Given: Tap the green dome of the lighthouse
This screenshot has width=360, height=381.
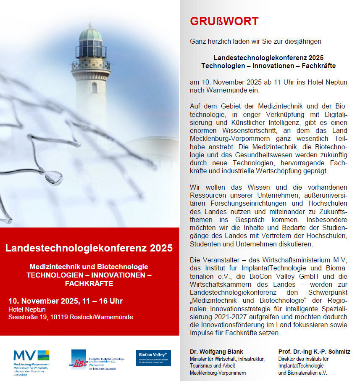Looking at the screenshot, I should click(x=91, y=33).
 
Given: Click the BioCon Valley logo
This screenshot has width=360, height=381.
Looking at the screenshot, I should click(x=153, y=357).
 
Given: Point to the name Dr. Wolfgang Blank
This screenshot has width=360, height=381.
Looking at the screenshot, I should click(x=216, y=352).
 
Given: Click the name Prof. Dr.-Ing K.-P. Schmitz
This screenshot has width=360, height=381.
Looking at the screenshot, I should click(x=314, y=352).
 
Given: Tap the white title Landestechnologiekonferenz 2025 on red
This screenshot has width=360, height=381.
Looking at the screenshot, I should click(x=89, y=248).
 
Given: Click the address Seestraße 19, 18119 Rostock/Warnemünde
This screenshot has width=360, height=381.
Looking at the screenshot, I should click(x=71, y=317).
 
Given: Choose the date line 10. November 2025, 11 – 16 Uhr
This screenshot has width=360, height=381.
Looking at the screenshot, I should click(x=66, y=301).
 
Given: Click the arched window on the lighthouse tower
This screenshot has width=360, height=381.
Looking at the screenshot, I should click(x=94, y=87).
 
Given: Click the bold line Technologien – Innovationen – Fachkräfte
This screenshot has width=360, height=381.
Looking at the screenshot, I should click(x=268, y=66).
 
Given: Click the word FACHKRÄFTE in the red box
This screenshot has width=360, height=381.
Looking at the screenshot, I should click(x=89, y=283).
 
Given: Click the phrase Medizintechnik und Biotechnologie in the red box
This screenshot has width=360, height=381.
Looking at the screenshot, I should click(x=89, y=267).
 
